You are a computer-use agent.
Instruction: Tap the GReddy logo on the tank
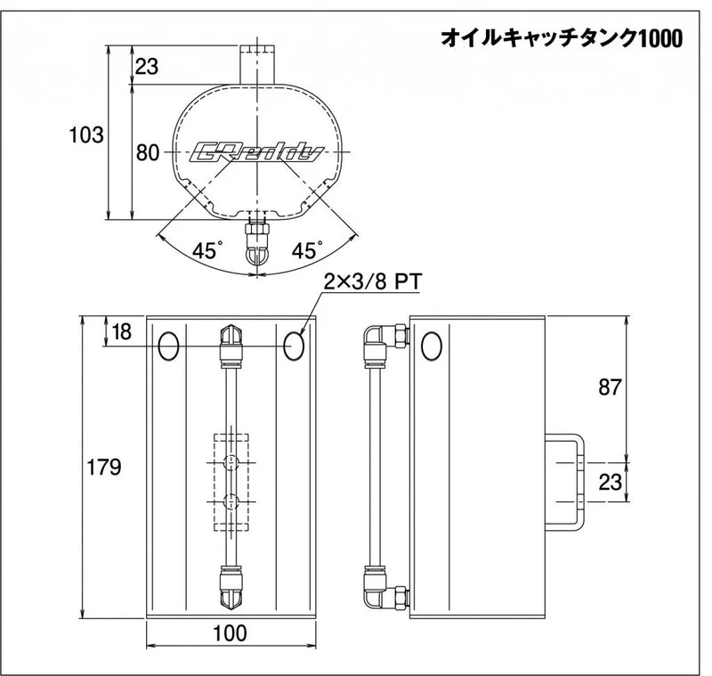(256, 152)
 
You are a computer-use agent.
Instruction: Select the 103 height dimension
(86, 135)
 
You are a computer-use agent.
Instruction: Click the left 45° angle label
(206, 251)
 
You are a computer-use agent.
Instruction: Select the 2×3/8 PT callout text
(371, 282)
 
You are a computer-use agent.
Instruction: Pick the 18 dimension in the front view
(122, 331)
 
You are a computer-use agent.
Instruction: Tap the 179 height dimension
(103, 467)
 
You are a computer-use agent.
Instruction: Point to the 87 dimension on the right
(608, 387)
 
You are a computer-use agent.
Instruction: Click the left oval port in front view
(167, 346)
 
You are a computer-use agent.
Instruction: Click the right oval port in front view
(295, 346)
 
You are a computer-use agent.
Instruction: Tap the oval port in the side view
(431, 346)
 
